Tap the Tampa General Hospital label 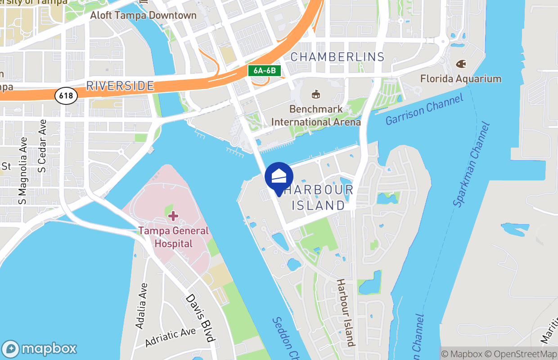pos(173,237)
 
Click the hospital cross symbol pos(173,216)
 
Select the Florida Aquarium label pos(460,79)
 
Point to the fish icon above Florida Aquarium pos(461,64)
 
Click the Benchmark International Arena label pos(316,116)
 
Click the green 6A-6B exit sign pos(265,71)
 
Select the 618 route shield pos(66,95)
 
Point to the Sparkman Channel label pos(471,164)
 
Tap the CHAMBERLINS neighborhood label pos(337,57)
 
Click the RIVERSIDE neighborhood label pos(120,86)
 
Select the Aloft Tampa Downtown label pos(143,15)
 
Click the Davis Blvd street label pos(202,318)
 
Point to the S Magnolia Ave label pos(22,171)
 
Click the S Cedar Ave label pos(42,146)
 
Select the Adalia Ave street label pos(141,305)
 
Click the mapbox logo pos(40,349)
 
